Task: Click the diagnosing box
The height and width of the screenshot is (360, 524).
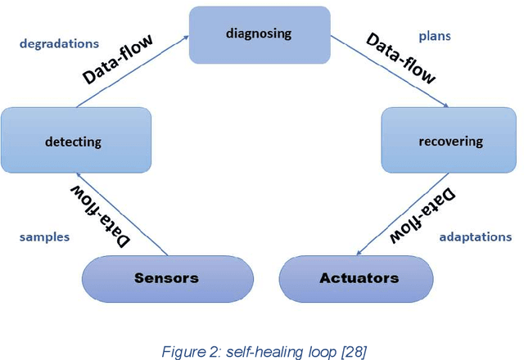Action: (259, 35)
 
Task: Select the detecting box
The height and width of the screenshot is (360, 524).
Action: (76, 141)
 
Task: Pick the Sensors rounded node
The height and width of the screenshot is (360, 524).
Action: (166, 278)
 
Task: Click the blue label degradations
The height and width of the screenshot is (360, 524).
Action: (58, 43)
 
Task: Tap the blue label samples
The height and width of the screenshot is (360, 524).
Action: (44, 236)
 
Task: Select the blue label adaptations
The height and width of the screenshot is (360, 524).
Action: (474, 236)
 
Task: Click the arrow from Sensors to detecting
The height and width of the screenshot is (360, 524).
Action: (123, 214)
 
